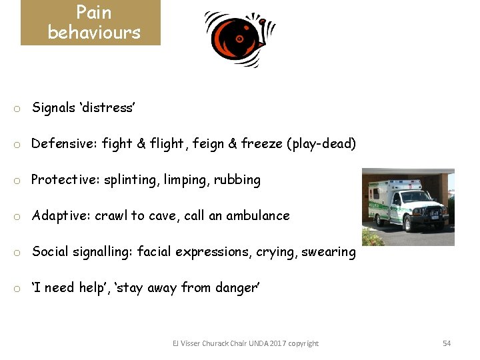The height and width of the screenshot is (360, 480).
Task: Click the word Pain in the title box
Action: point(94,12)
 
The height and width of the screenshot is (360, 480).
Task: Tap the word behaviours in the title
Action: point(94,32)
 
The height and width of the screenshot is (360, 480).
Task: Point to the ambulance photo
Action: point(407,207)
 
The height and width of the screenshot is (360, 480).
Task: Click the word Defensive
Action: point(64,143)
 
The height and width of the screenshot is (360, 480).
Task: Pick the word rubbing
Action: point(237,180)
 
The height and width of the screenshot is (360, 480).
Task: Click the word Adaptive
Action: point(61,215)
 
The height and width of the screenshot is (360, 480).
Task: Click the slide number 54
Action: point(447,343)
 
